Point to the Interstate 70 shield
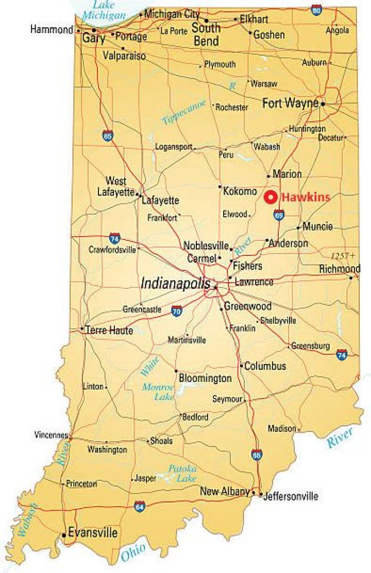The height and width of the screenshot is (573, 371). (x=177, y=311)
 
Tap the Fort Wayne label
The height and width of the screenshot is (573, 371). (x=290, y=103)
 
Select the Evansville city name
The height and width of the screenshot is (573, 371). (x=93, y=533)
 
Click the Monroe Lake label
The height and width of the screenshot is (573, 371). (x=158, y=391)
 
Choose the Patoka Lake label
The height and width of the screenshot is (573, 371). (x=182, y=473)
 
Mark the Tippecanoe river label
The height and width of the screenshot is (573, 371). (x=184, y=113)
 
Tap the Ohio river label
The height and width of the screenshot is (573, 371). (x=133, y=553)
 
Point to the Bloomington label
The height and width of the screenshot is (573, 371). (x=205, y=378)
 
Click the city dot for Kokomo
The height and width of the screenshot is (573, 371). (x=220, y=187)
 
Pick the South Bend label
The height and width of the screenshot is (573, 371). (x=206, y=34)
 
